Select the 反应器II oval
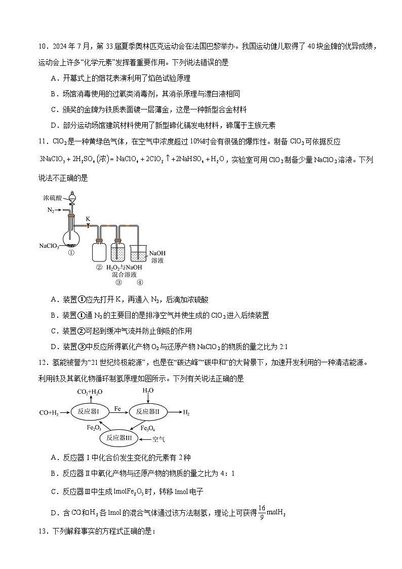tap(147, 412)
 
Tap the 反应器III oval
tap(119, 437)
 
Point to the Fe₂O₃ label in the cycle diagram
tap(94, 428)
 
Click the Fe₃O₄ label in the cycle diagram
tap(140, 428)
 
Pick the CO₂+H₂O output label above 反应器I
tap(89, 391)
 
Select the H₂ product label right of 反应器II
tap(186, 413)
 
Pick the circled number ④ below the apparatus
tap(140, 283)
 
